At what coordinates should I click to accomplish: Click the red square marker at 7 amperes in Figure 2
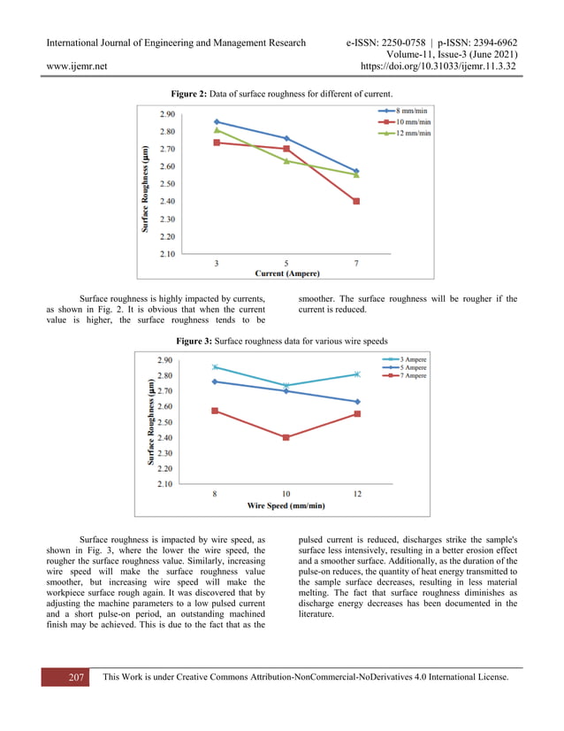pos(355,202)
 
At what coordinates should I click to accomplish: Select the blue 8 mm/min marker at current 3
pos(217,121)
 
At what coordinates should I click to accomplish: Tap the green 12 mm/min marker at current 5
pos(286,161)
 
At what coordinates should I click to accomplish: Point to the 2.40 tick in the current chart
pos(167,202)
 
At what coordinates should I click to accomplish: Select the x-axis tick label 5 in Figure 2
pos(286,263)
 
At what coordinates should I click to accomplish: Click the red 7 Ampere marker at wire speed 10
pos(286,437)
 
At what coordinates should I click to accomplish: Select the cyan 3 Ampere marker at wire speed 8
pos(215,366)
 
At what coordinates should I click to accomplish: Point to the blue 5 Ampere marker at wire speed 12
pos(357,402)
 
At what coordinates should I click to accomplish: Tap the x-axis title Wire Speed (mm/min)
pos(286,505)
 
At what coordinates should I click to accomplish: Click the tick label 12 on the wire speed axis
pos(357,494)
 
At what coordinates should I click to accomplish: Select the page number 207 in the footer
pos(76,678)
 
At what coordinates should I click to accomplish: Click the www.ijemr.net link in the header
pos(76,65)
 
